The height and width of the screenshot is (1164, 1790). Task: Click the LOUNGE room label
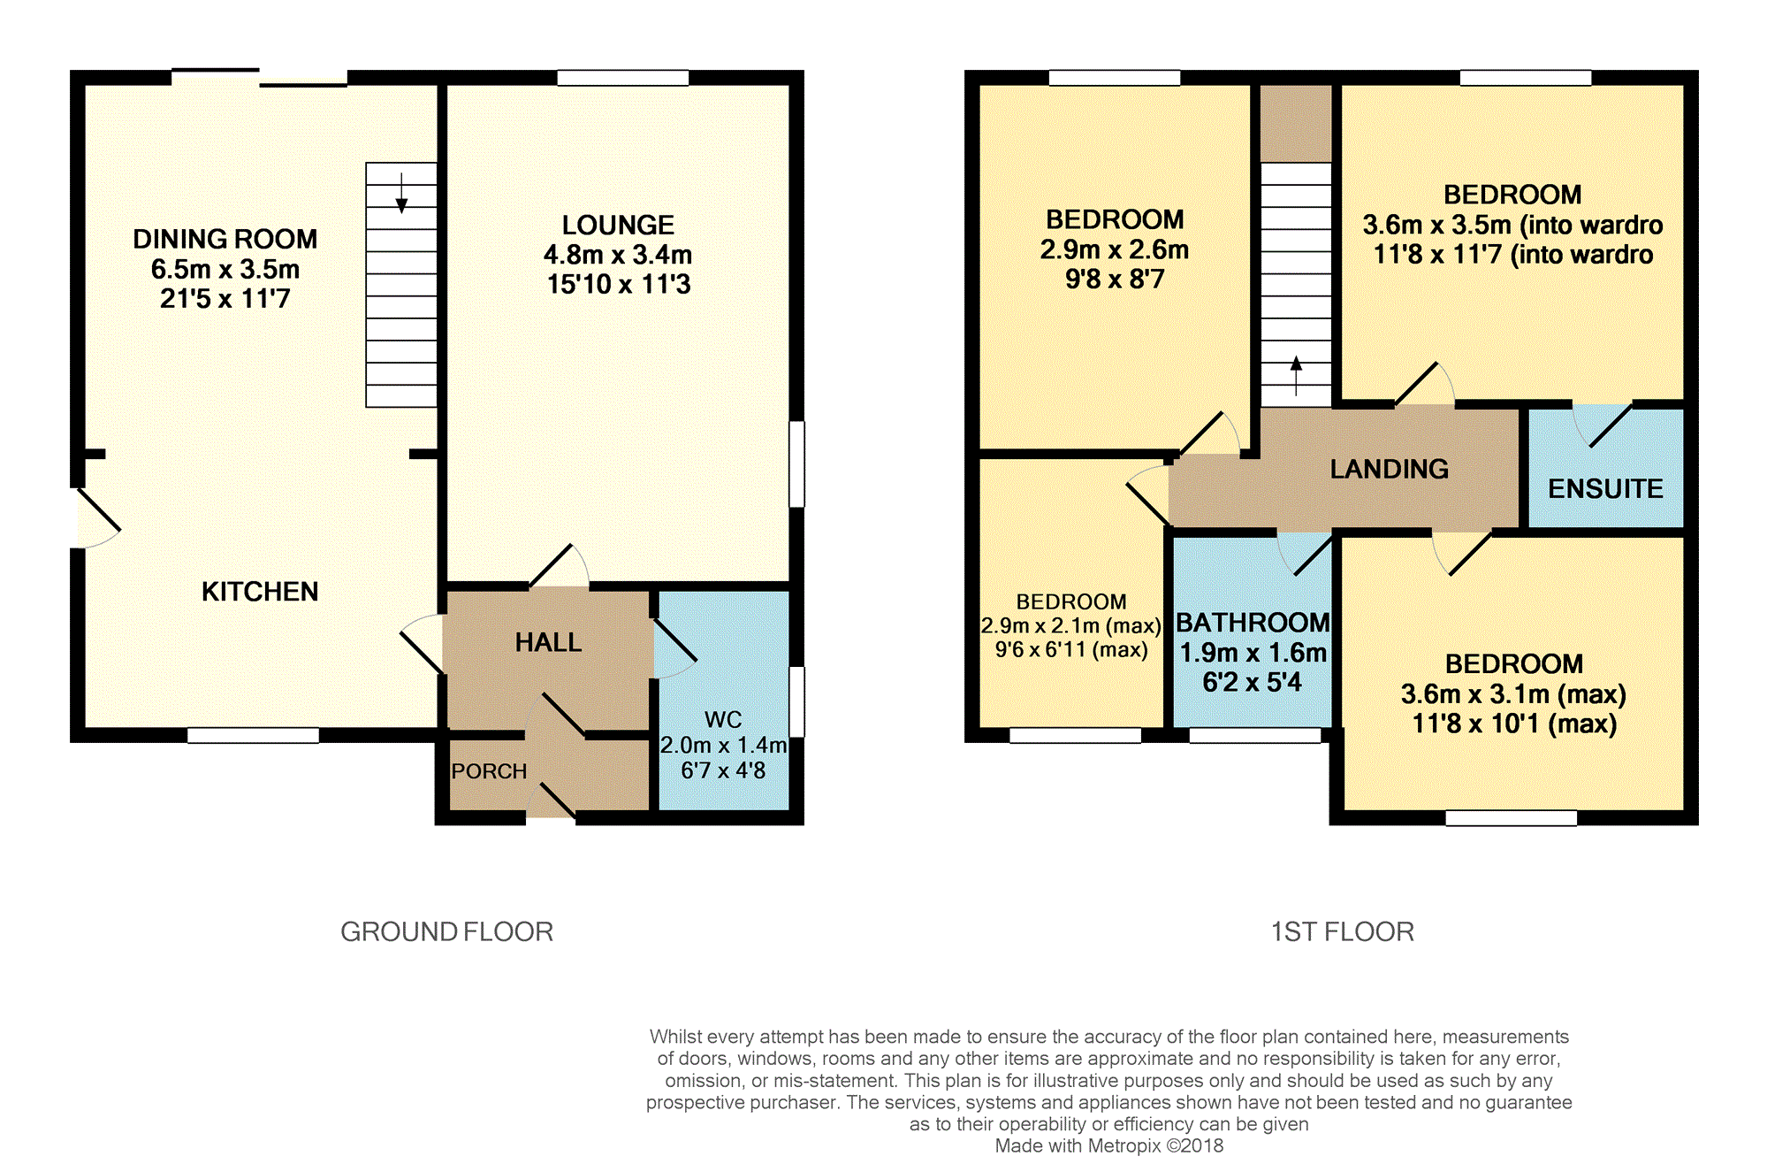618,225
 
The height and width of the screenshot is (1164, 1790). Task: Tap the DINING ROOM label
225,239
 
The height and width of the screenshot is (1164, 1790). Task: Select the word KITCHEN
260,591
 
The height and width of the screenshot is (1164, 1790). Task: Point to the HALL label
548,642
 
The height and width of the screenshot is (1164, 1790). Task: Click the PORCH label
489,771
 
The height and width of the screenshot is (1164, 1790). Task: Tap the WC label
723,719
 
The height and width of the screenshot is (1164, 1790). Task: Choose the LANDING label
1390,469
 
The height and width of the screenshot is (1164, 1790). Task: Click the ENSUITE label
1605,488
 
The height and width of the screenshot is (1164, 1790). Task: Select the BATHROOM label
1253,623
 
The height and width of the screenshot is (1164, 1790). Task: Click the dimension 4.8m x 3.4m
618,255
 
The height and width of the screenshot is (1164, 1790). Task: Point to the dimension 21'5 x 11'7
225,298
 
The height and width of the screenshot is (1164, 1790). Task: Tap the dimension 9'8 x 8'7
1115,279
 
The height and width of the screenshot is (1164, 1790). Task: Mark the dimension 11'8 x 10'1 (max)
1514,724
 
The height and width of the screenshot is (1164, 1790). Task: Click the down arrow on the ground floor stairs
401,193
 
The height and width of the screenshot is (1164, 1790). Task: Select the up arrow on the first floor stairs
1296,375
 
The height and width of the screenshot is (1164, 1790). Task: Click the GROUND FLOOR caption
447,931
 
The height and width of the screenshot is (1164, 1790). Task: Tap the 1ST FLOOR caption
1343,931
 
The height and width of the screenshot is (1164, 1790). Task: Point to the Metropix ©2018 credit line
1109,1145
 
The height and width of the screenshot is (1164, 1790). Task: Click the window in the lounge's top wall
623,78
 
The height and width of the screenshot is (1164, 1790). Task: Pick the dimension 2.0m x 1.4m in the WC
723,745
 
